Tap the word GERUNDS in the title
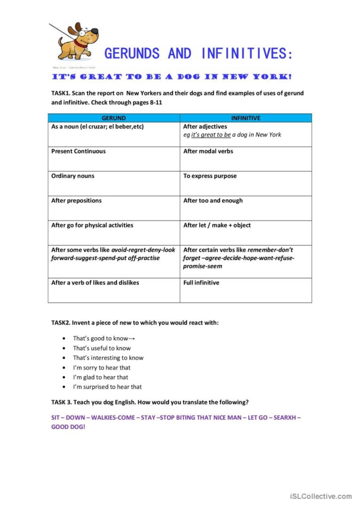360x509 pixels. tap(132, 54)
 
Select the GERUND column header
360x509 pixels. tap(114, 118)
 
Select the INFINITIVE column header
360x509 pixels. tap(245, 118)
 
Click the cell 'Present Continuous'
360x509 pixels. tap(78, 151)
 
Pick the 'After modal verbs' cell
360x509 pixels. tap(208, 151)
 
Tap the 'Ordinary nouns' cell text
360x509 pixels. tap(73, 176)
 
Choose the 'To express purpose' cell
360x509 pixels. tap(210, 176)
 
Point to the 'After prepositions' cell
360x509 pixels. tap(76, 201)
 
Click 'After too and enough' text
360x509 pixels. tap(213, 201)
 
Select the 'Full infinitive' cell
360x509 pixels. tap(201, 283)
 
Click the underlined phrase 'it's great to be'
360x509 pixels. tap(211, 135)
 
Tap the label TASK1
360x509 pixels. tap(61, 93)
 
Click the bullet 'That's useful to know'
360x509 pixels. tap(102, 348)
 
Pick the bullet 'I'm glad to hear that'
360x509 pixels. tap(100, 377)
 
